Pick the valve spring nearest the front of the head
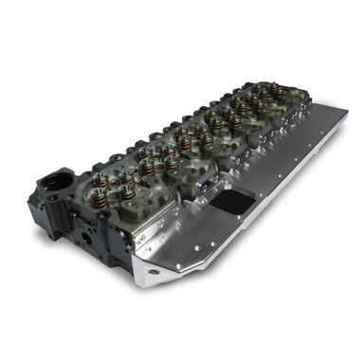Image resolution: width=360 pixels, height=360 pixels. click(125, 193)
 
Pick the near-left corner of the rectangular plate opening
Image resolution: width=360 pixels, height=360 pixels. click(210, 210)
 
